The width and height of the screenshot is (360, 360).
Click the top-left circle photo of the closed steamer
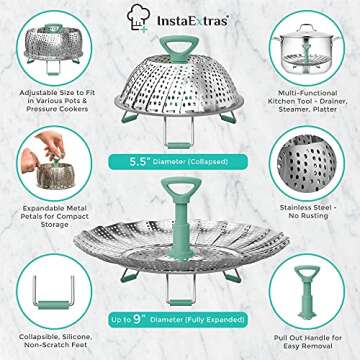pos(50,48)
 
